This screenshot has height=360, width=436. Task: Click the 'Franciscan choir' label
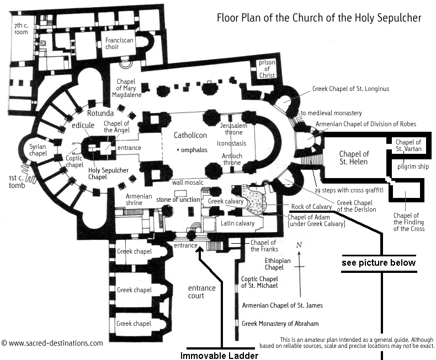pyautogui.click(x=121, y=44)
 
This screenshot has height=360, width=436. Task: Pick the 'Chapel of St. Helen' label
pyautogui.click(x=354, y=157)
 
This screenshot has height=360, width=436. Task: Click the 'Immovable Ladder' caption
pyautogui.click(x=219, y=355)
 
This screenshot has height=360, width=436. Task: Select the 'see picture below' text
pyautogui.click(x=379, y=262)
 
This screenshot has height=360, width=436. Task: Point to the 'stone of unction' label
pyautogui.click(x=178, y=199)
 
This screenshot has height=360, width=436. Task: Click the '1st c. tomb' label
pyautogui.click(x=12, y=182)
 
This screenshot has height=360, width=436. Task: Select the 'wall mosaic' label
pyautogui.click(x=187, y=182)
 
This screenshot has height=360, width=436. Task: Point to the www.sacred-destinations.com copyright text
pyautogui.click(x=52, y=343)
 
